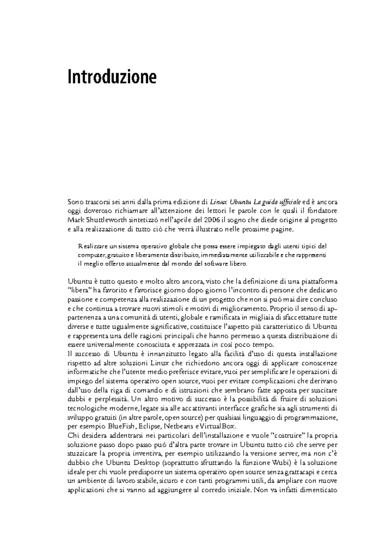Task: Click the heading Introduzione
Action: click(112, 77)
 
